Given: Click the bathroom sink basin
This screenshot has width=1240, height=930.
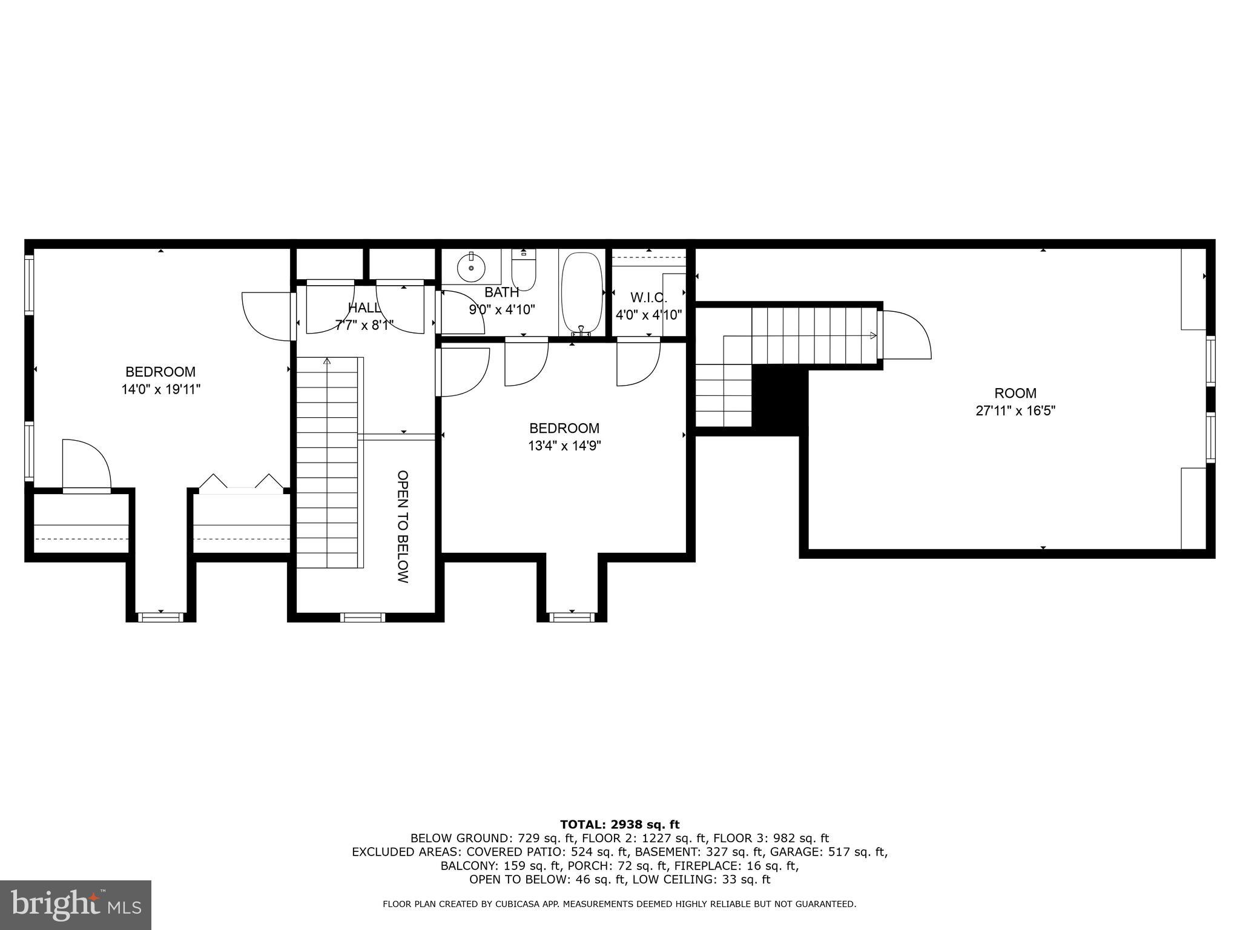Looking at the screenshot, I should click(471, 267).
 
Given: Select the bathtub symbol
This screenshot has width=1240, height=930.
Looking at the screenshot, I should click(582, 293).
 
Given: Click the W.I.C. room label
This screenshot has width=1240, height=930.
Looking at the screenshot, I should click(648, 298).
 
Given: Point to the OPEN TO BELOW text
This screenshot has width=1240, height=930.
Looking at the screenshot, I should click(403, 527).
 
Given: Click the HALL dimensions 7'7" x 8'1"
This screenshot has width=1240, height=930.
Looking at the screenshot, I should click(364, 325).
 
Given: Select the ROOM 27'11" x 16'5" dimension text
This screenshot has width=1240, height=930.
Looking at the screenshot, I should click(1015, 411).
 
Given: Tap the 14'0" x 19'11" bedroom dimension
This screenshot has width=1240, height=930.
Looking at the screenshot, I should click(160, 389).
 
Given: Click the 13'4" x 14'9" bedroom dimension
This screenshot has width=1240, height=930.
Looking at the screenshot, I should click(564, 446).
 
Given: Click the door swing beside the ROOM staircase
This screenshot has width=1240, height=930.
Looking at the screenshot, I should click(906, 334).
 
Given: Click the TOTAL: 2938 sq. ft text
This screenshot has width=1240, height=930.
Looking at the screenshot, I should click(619, 824).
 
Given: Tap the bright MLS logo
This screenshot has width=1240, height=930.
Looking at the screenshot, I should click(76, 905).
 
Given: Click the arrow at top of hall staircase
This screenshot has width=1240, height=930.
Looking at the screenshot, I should click(327, 361).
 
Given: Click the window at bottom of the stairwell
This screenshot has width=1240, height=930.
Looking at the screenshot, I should click(362, 617).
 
